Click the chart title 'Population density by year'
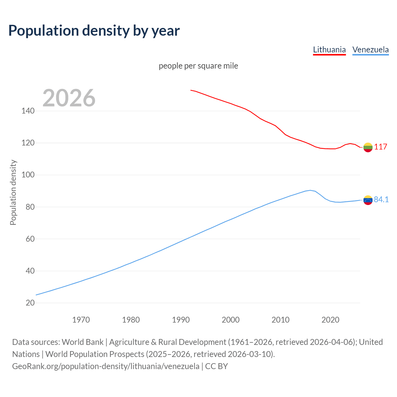(94, 31)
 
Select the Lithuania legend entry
(329, 50)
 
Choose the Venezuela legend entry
(370, 50)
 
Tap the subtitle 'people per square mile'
(198, 66)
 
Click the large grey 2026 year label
(69, 98)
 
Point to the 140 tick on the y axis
(28, 111)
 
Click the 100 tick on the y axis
(28, 175)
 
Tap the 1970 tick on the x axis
(81, 320)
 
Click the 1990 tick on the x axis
(181, 320)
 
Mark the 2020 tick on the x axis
(330, 320)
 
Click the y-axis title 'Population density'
(13, 192)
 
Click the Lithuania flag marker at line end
(368, 147)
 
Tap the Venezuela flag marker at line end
(368, 200)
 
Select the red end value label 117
(381, 147)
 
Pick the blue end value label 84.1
(381, 199)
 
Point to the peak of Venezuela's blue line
(310, 190)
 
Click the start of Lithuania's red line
(191, 90)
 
